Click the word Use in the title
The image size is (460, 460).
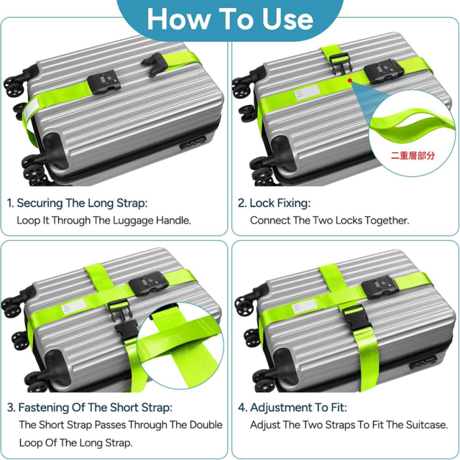point(287,19)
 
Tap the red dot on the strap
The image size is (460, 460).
point(350,80)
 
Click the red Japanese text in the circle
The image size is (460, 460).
point(413,155)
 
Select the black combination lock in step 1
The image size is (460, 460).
point(104,83)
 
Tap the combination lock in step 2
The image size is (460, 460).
point(383,71)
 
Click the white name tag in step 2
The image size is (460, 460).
point(307,93)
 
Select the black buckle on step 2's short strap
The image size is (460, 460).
point(340,63)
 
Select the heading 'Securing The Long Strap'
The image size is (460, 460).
point(82,203)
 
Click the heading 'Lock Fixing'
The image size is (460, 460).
point(280,203)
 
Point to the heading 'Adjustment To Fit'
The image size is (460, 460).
point(298,408)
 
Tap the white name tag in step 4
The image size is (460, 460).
point(305,307)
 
